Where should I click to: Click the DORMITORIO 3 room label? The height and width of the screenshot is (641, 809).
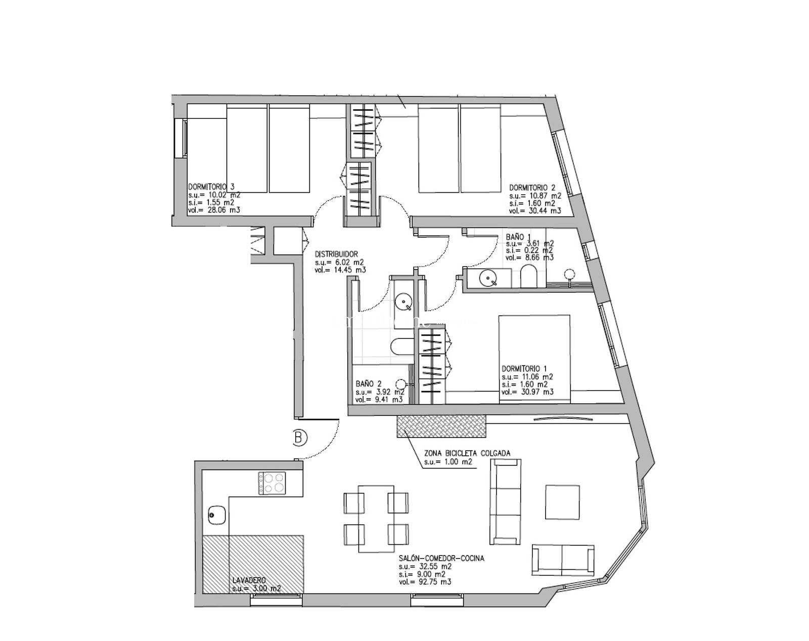tap(212, 187)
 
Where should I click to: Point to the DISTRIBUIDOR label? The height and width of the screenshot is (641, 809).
tap(336, 254)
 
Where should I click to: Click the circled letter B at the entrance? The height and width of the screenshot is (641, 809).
tap(300, 438)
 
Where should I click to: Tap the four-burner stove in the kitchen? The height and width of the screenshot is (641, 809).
tap(272, 483)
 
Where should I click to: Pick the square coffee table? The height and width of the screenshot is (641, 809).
tap(562, 502)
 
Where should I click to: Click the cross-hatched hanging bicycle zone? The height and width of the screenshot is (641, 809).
tap(441, 426)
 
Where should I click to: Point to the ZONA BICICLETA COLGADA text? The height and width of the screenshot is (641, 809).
tap(467, 453)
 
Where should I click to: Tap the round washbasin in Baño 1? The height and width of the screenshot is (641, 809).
tap(488, 279)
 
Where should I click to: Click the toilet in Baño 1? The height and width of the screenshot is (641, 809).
tap(529, 277)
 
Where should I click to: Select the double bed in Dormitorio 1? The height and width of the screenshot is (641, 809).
tap(534, 359)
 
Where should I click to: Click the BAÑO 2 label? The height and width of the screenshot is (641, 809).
tap(369, 383)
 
